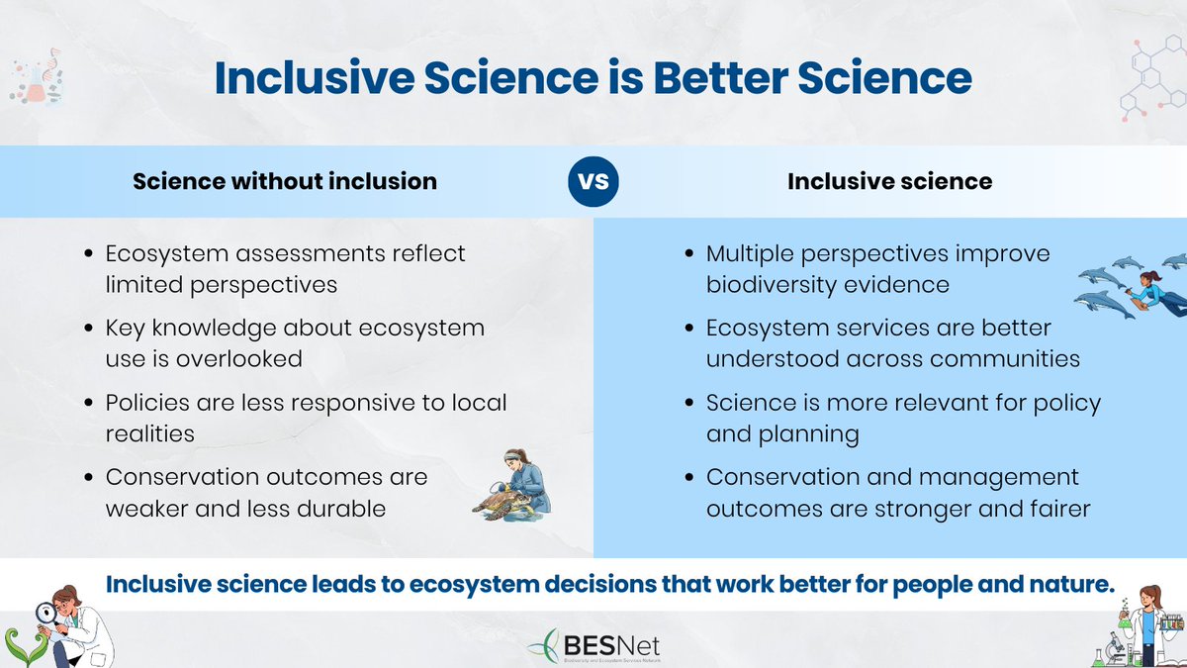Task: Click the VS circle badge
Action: [x=593, y=182]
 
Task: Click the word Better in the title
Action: [x=765, y=78]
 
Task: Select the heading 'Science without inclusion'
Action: [x=285, y=181]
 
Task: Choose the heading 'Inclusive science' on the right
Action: [x=890, y=181]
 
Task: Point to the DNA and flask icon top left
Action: [x=35, y=79]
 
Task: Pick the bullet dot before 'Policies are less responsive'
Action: [x=89, y=405]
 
